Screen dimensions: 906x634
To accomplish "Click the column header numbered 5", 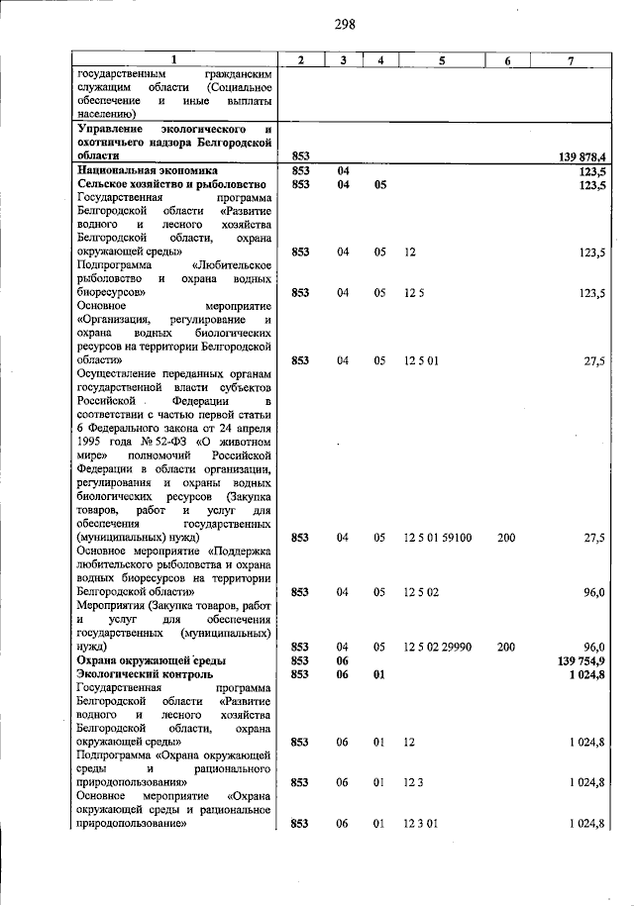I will [442, 60].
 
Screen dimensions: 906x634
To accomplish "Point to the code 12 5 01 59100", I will [437, 538].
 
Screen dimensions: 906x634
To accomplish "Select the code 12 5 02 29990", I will [437, 647].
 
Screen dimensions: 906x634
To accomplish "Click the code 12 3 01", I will [420, 824].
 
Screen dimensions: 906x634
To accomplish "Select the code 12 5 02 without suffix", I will [420, 592].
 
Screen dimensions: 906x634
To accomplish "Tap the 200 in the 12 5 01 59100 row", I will [506, 538].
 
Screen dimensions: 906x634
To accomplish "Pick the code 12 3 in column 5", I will [413, 782].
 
